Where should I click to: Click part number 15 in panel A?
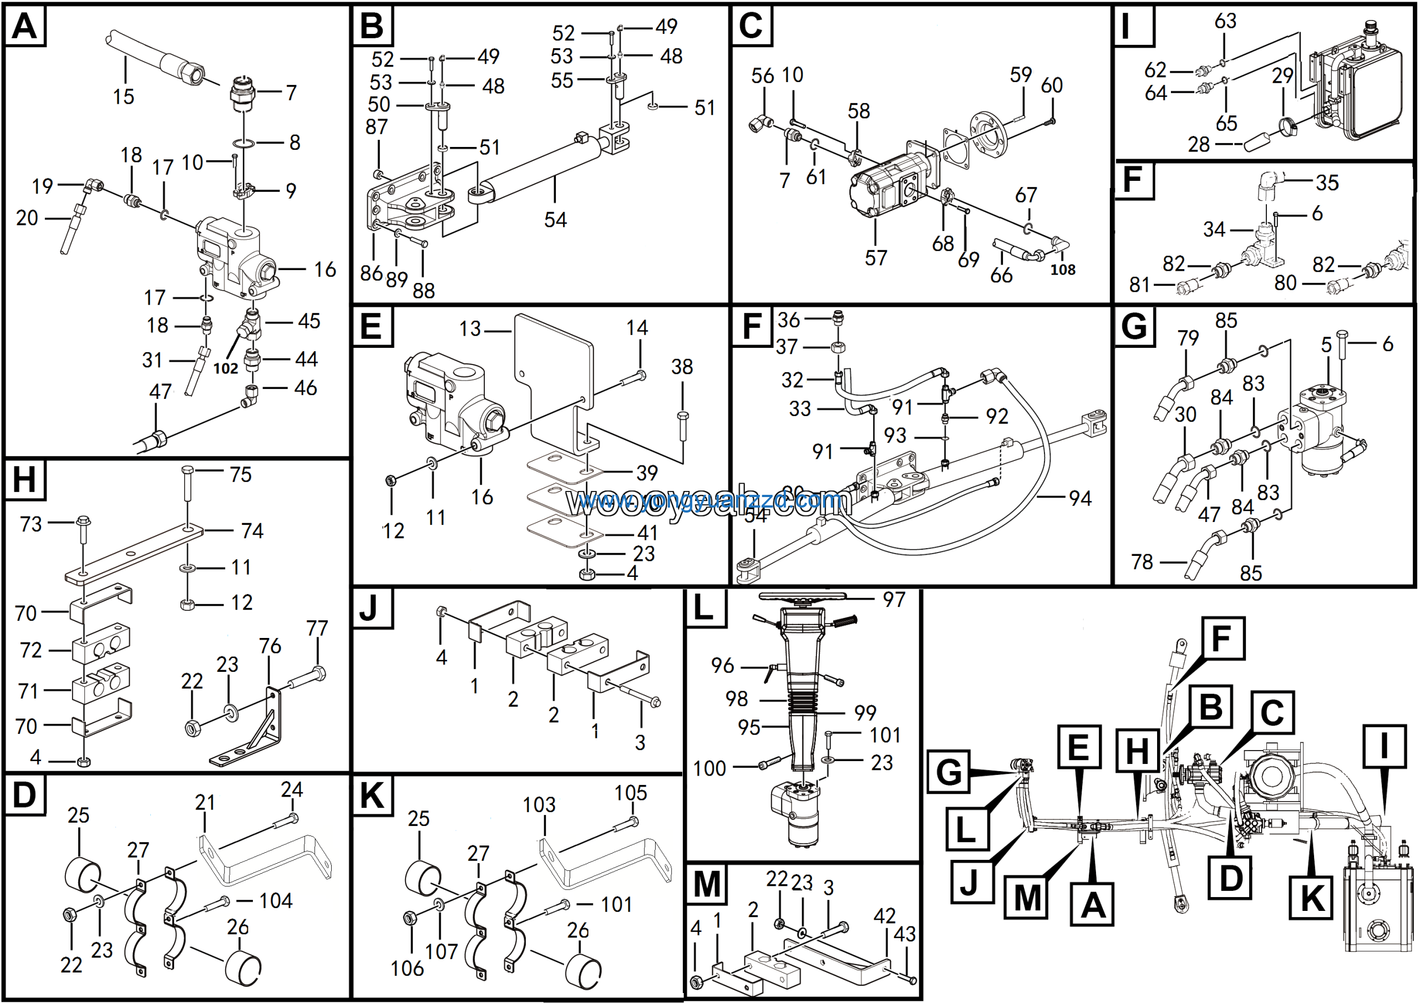tap(123, 97)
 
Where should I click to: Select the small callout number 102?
tap(226, 368)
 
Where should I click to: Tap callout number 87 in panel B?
tap(376, 127)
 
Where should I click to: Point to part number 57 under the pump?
tap(876, 257)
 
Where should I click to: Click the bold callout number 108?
tap(1063, 270)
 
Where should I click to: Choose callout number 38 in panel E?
tap(682, 367)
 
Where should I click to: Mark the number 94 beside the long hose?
tap(1080, 498)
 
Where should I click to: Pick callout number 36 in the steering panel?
tap(789, 320)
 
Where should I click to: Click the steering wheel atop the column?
tap(802, 596)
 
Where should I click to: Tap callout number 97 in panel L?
tap(894, 599)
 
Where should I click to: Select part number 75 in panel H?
tap(241, 474)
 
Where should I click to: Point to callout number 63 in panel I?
tap(1225, 21)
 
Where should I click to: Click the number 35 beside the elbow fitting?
tap(1327, 183)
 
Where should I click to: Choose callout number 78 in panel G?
tap(1142, 561)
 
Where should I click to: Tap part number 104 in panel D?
tap(275, 900)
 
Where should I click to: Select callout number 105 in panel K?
tap(630, 793)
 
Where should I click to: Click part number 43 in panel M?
tap(904, 934)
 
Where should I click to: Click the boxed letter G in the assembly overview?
tap(949, 772)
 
